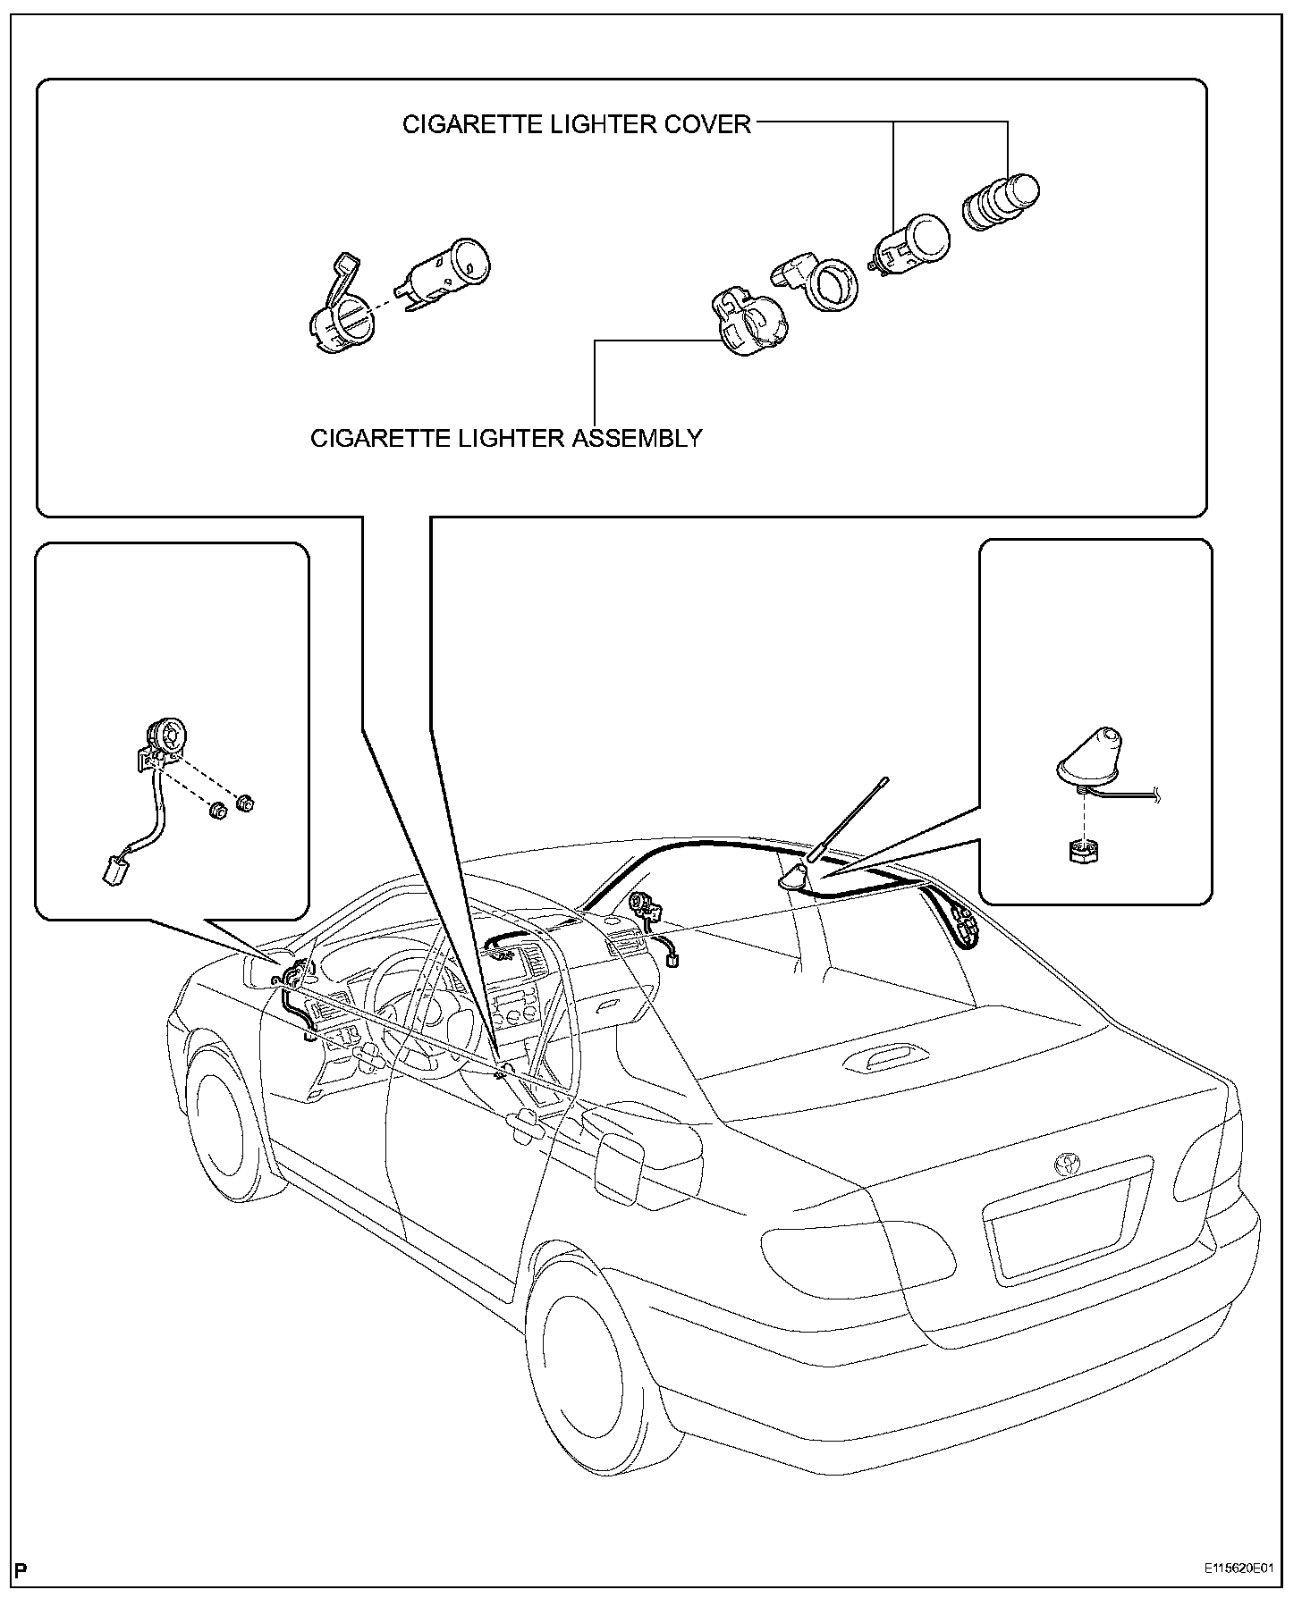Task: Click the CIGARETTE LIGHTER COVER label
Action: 576,124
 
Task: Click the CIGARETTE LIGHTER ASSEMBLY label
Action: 506,438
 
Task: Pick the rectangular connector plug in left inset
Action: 113,869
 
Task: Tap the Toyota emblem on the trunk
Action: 1066,1165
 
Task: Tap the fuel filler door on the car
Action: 621,1167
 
